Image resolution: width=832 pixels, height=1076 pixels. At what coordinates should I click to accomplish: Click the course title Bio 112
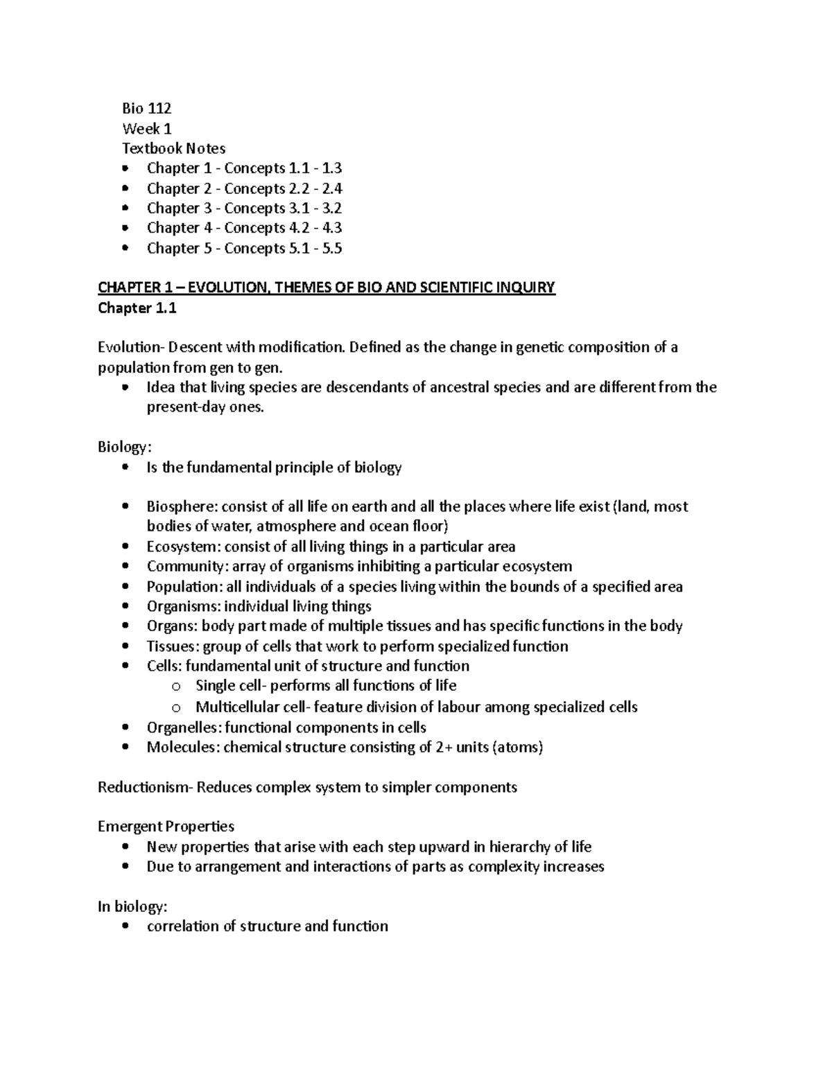click(x=146, y=108)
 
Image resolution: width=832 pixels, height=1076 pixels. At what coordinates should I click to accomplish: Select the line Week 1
click(x=146, y=128)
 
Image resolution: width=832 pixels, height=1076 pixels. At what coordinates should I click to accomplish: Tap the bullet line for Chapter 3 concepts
click(x=244, y=208)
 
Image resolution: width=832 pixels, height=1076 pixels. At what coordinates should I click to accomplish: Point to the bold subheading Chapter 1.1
click(x=137, y=308)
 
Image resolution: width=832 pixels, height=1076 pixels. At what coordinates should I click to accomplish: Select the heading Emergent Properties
click(x=166, y=827)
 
